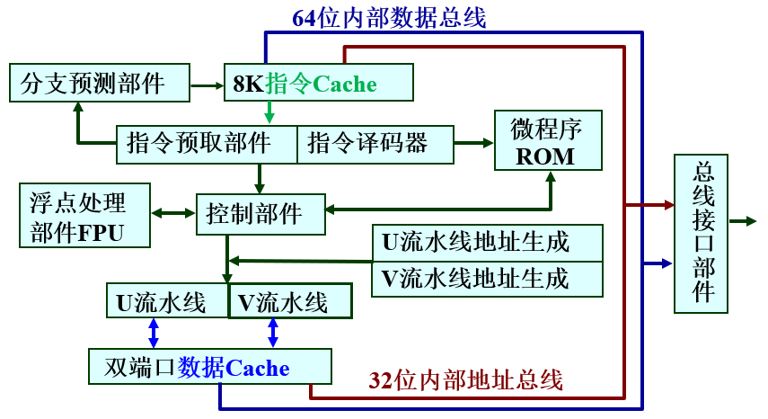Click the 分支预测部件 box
[99, 83]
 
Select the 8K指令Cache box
[318, 83]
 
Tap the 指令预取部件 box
[207, 145]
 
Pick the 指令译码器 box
[375, 145]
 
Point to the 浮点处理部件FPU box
[83, 216]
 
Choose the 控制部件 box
[260, 214]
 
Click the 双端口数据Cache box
[210, 367]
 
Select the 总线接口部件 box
[702, 233]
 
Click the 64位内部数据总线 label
[389, 17]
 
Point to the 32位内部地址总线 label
[465, 380]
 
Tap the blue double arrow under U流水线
[154, 333]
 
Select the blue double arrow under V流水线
[273, 333]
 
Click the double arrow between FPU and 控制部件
[173, 214]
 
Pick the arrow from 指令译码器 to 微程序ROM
[472, 143]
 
